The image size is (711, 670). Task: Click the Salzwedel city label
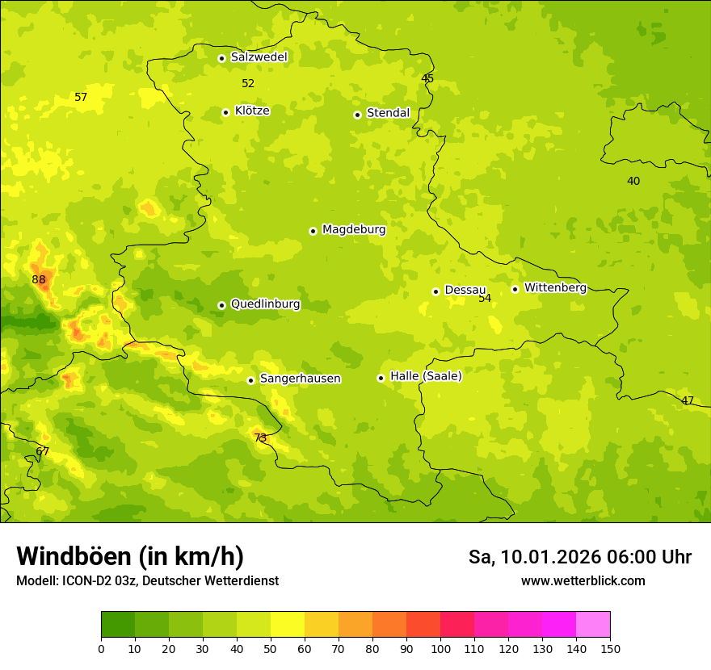[259, 57]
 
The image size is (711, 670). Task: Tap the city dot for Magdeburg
[313, 231]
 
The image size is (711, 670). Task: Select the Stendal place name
[388, 113]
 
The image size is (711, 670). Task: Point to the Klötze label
[252, 111]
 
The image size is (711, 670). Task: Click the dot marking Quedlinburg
[221, 305]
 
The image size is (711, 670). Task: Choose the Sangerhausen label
[300, 379]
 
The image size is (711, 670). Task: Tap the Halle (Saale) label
[426, 376]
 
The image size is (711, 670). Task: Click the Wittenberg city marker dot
[515, 289]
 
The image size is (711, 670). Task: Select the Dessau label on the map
[465, 290]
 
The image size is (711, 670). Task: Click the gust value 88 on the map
[39, 280]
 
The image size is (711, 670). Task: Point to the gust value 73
[260, 438]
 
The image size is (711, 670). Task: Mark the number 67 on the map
[43, 452]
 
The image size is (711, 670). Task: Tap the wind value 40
[633, 181]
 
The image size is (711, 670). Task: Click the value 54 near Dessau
[485, 299]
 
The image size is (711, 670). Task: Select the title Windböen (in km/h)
[130, 556]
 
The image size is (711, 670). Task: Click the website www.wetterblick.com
[583, 580]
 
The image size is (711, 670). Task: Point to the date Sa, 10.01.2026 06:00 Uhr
[579, 557]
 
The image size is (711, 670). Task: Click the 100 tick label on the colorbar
[440, 648]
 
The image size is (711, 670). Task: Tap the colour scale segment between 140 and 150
[593, 625]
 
